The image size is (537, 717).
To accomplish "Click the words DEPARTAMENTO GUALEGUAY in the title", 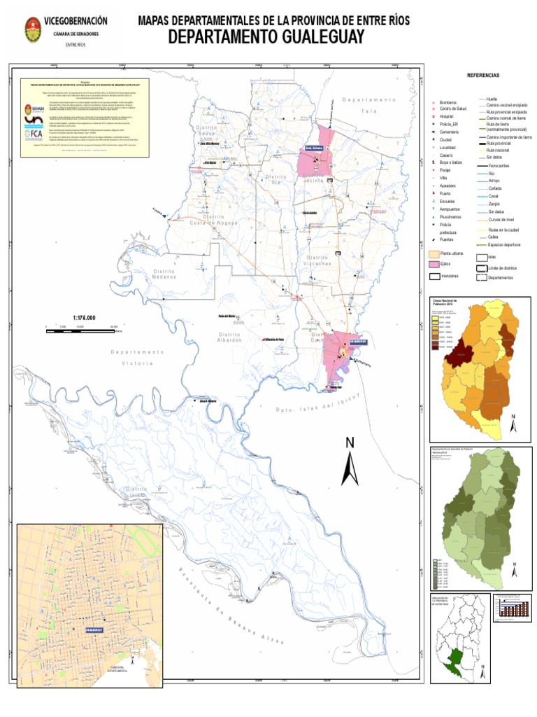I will pyautogui.click(x=266, y=38).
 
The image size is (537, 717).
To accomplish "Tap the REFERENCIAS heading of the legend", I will pyautogui.click(x=483, y=75).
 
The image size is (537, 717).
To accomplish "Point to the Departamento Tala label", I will pyautogui.click(x=364, y=106).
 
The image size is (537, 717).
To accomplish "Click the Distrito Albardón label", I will pyautogui.click(x=230, y=337).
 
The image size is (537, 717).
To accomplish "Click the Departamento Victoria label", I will pyautogui.click(x=137, y=357).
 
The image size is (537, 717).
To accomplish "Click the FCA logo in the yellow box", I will pyautogui.click(x=34, y=134).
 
